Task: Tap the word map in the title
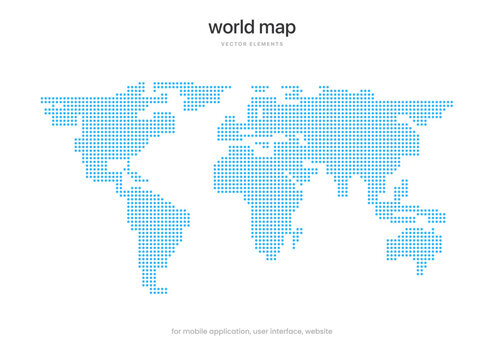(x=278, y=28)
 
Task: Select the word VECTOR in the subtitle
(x=234, y=45)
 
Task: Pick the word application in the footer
(x=241, y=331)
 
